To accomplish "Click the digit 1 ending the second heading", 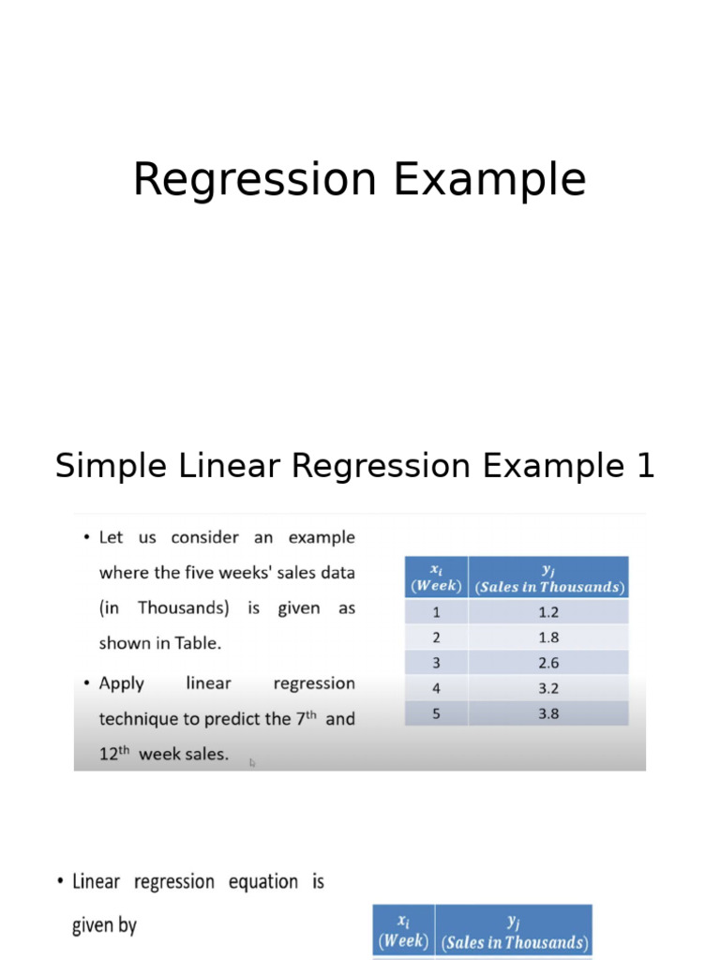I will point(644,466).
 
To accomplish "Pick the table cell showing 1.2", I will point(548,612).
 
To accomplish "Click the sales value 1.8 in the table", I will point(548,637).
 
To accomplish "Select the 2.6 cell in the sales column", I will point(548,663).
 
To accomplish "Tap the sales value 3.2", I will point(548,688).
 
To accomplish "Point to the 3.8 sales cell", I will point(548,713).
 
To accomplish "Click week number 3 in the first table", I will point(436,663).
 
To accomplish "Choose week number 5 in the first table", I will point(436,713).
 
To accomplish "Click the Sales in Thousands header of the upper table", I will point(548,587).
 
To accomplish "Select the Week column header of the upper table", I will point(436,586).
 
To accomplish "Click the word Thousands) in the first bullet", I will point(184,607).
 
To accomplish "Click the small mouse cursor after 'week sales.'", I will point(252,762).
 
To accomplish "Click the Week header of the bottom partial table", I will point(403,940).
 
